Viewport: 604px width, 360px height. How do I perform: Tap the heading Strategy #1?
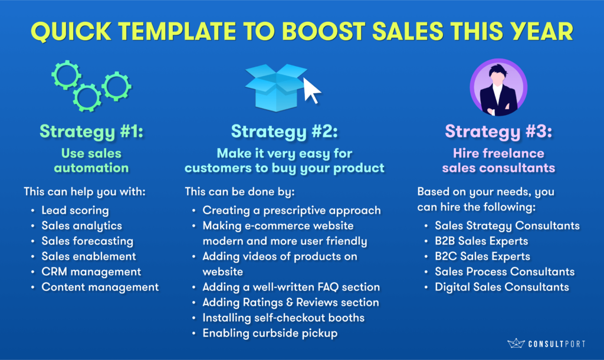tap(91, 132)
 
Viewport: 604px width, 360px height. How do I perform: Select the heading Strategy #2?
tap(284, 132)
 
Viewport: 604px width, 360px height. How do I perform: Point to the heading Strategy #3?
tap(498, 132)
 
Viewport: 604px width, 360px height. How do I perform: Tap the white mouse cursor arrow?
tap(311, 90)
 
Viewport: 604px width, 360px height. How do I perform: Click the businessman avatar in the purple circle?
tap(498, 87)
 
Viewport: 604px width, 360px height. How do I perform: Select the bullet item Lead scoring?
tap(75, 211)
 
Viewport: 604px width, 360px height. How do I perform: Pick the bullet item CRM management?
tap(91, 271)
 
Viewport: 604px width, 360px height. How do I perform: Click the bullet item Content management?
tap(100, 287)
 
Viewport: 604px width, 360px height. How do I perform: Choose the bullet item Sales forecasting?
tap(87, 241)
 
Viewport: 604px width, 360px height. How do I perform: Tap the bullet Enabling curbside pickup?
tap(270, 333)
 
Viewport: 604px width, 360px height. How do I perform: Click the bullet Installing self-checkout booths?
tap(284, 318)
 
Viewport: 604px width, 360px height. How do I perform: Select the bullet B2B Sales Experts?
tap(481, 241)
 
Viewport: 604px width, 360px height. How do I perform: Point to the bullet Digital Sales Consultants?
tap(502, 287)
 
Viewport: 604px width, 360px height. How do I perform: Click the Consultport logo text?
tap(557, 344)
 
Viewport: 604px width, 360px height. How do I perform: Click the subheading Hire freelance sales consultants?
tap(498, 161)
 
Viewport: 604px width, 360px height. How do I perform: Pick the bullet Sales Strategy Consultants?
tap(507, 226)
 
